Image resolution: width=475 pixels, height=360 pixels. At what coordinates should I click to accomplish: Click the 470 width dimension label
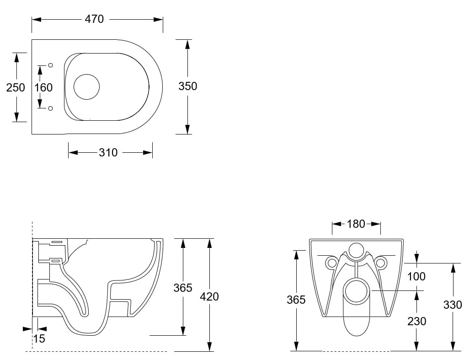94,19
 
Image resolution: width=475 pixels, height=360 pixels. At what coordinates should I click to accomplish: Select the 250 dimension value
16,87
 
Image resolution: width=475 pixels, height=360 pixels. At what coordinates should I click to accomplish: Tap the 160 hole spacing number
43,87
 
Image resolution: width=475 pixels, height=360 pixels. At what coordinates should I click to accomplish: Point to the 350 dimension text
188,86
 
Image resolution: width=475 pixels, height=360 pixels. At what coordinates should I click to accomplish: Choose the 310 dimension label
108,152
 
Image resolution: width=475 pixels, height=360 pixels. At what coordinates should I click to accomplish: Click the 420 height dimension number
209,296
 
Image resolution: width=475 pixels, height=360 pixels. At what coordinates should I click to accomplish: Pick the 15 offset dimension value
39,339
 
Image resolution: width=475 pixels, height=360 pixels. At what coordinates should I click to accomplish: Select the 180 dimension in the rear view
356,224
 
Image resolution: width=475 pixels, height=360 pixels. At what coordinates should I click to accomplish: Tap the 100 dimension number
416,276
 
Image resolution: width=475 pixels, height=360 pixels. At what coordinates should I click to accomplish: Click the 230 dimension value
417,321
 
